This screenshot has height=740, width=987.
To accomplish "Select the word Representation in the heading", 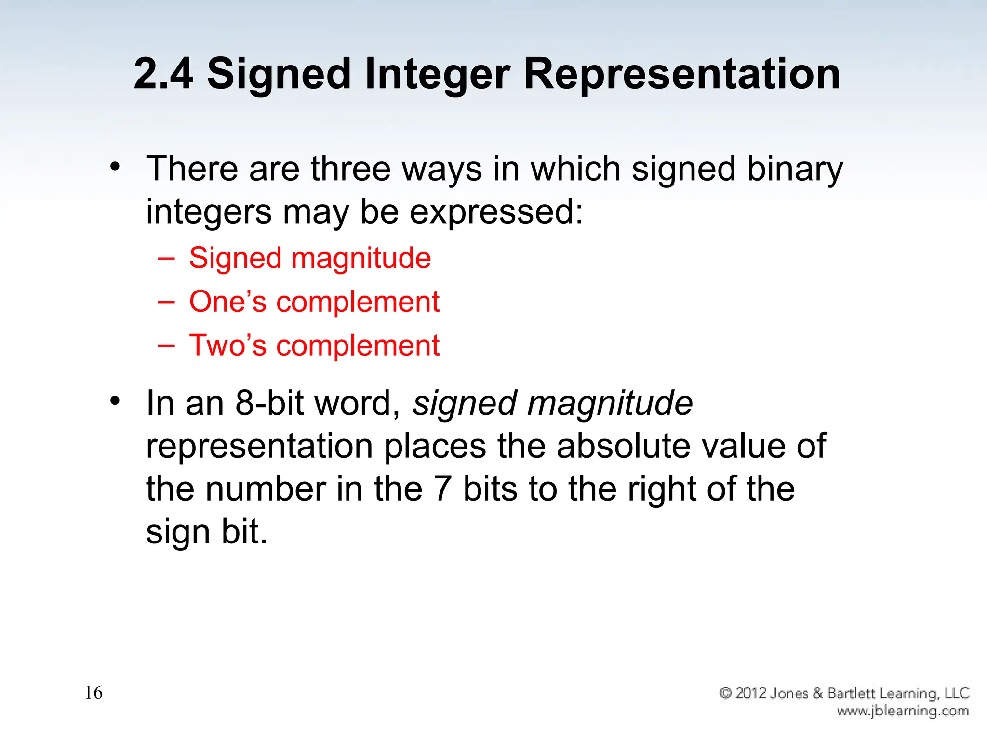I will (x=681, y=75).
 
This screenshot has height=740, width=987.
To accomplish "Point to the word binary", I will (x=795, y=170).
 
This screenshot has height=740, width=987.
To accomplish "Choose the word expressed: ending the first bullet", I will (x=496, y=212).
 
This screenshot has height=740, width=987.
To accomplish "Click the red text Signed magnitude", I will (x=310, y=258).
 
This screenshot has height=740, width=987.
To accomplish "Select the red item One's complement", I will (x=314, y=302).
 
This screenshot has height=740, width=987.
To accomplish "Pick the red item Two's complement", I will (x=314, y=345).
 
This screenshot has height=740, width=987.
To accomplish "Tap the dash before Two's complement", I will (x=166, y=345).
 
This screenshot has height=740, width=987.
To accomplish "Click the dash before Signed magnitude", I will (x=166, y=258).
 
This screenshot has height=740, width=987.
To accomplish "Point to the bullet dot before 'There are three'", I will (x=115, y=167).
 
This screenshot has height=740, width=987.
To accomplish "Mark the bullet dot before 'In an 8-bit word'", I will (x=115, y=401).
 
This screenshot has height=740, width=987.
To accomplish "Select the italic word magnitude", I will (x=610, y=403).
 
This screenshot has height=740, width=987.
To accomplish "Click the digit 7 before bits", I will (x=442, y=489).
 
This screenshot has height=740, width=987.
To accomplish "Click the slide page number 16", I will (x=93, y=693).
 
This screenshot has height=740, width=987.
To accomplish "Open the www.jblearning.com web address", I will (x=903, y=711).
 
